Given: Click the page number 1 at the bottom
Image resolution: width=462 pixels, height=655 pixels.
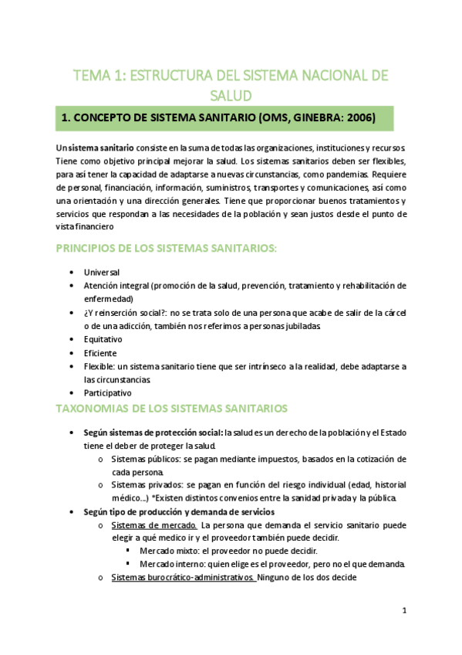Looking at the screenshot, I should click(x=404, y=610).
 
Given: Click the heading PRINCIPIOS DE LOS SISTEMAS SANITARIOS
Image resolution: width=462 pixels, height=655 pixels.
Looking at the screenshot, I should click(x=166, y=248).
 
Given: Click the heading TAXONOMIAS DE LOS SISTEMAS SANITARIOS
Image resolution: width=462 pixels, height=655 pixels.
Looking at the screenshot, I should click(x=171, y=407).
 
